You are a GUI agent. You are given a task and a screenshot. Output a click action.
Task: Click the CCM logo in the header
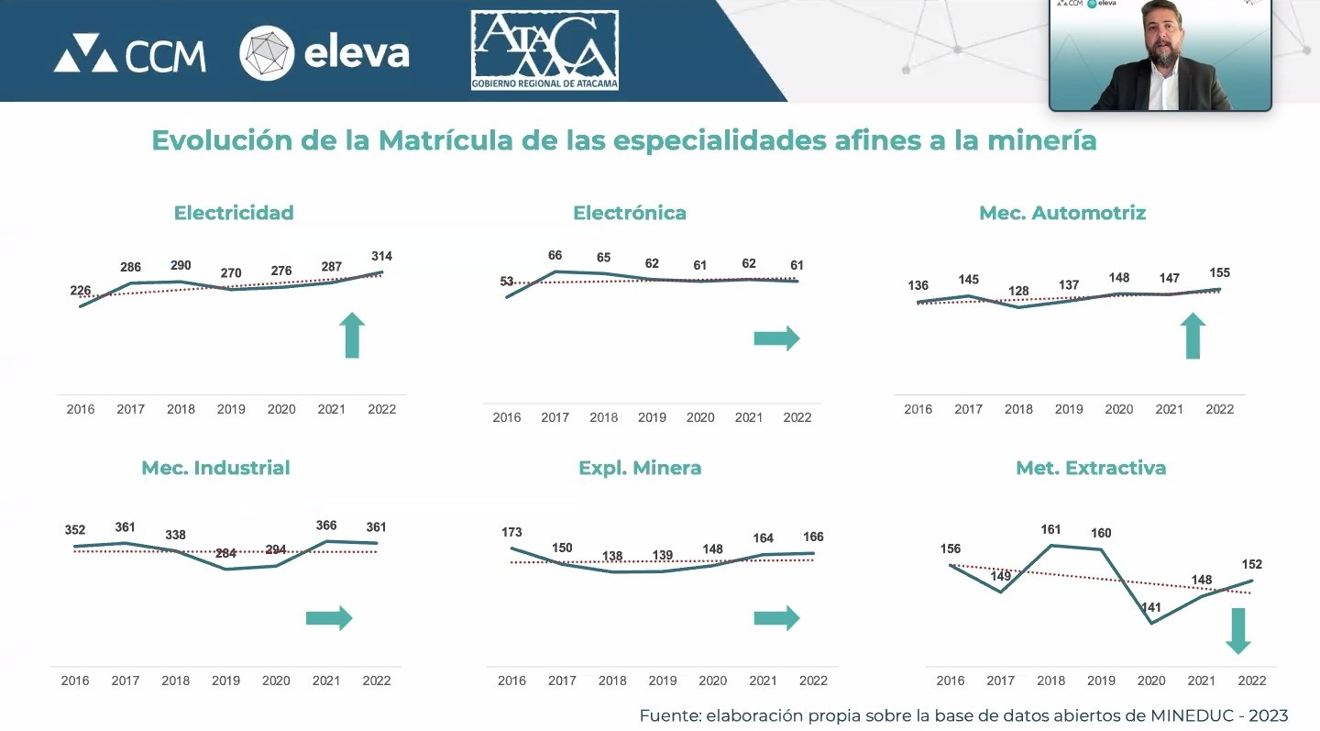pyautogui.click(x=129, y=54)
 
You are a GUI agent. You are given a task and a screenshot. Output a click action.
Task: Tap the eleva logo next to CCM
pyautogui.click(x=324, y=53)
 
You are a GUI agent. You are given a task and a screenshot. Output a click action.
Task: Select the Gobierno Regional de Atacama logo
pyautogui.click(x=544, y=50)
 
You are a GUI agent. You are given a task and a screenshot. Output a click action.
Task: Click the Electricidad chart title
pyautogui.click(x=234, y=213)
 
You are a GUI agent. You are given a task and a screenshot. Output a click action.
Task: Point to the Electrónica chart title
pyautogui.click(x=630, y=213)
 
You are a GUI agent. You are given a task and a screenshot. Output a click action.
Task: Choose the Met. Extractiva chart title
pyautogui.click(x=1091, y=468)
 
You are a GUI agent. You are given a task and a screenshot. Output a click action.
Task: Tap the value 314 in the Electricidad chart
pyautogui.click(x=381, y=256)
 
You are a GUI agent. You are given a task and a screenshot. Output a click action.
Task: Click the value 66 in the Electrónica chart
pyautogui.click(x=555, y=256)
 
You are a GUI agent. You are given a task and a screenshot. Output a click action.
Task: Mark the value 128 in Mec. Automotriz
pyautogui.click(x=1018, y=291)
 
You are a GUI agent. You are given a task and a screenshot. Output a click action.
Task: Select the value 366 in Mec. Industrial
pyautogui.click(x=325, y=526)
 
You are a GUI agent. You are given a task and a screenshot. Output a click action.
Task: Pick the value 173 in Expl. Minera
pyautogui.click(x=511, y=532)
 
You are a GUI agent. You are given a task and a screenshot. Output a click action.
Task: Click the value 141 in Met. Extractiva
pyautogui.click(x=1150, y=607)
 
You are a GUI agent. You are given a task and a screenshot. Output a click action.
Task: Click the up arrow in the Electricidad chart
pyautogui.click(x=353, y=335)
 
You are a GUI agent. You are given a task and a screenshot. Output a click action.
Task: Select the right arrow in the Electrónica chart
pyautogui.click(x=776, y=339)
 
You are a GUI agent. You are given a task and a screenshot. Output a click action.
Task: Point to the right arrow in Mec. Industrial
pyautogui.click(x=329, y=618)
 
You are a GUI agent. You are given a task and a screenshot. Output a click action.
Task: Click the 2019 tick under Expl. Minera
pyautogui.click(x=663, y=681)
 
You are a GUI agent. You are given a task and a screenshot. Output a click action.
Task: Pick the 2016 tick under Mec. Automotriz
pyautogui.click(x=918, y=409)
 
